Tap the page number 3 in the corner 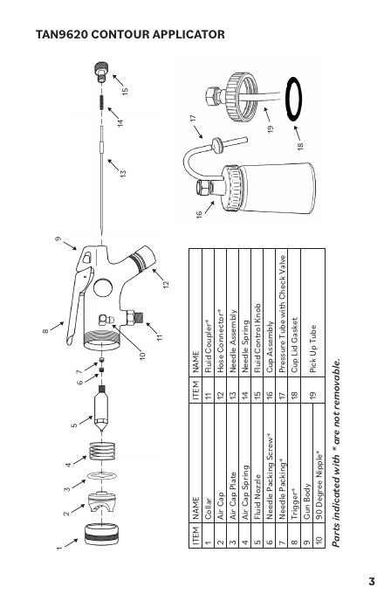click(372, 581)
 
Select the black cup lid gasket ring click(293, 99)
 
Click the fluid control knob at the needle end click(101, 72)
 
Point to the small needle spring click(101, 102)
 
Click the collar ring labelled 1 click(101, 534)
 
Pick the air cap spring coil click(102, 452)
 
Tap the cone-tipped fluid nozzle click(101, 409)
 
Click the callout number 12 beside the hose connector click(166, 284)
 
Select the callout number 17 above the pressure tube click(193, 119)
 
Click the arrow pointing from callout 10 click(127, 338)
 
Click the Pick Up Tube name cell click(312, 349)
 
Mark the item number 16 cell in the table click(270, 394)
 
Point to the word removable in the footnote click(336, 383)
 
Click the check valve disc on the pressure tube click(217, 146)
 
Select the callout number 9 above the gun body click(58, 239)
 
